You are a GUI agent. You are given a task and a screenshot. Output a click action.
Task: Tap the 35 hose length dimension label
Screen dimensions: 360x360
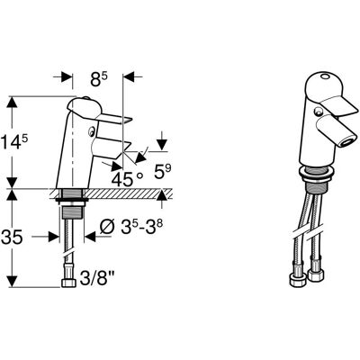pyautogui.click(x=12, y=238)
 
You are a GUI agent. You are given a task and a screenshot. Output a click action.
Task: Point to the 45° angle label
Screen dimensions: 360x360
pyautogui.click(x=127, y=179)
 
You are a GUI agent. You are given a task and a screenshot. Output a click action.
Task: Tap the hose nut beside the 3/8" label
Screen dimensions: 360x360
pyautogui.click(x=69, y=283)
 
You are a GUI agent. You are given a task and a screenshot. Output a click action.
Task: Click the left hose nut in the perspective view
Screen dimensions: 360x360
pyautogui.click(x=298, y=279)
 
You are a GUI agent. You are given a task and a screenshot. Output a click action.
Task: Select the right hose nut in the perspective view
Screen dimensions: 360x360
pyautogui.click(x=316, y=274)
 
